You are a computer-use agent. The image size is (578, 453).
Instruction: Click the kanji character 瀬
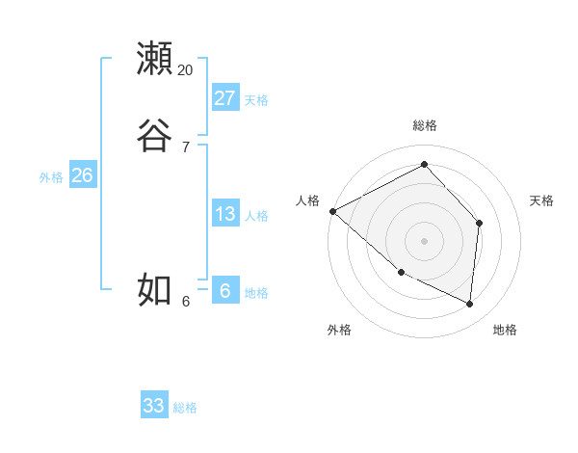point(156,59)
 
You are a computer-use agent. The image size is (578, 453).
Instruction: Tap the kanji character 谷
point(156,135)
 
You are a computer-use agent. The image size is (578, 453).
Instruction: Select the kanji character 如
point(156,289)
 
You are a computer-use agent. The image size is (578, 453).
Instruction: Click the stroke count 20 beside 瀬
point(186,70)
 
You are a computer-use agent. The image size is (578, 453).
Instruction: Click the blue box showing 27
point(225,97)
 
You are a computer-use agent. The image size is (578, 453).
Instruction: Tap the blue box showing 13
point(225,214)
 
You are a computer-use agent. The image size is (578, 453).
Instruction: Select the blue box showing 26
point(83,175)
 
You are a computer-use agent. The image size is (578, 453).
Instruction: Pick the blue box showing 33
point(154,406)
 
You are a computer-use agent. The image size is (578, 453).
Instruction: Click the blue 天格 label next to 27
point(256,99)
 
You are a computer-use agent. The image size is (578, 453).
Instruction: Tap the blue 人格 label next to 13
point(256,216)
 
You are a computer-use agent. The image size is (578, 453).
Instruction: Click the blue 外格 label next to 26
point(51,177)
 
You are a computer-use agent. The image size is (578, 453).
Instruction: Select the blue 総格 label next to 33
point(185,408)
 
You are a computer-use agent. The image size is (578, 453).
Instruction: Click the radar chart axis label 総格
point(425,125)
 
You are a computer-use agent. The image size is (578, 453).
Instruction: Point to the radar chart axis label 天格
point(542,200)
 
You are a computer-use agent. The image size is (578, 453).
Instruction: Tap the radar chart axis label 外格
point(339,330)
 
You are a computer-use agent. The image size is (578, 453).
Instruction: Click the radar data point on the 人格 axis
point(332,210)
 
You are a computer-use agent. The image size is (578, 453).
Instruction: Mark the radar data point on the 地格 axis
point(470,305)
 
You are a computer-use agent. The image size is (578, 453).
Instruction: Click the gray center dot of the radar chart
point(425,240)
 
